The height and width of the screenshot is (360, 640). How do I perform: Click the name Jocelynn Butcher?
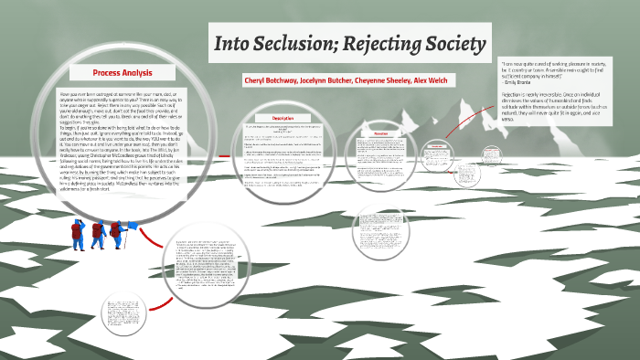coord(336,81)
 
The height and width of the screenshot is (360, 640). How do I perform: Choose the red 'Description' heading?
coord(283,119)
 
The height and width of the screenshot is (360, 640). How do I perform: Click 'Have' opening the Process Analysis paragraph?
coord(66,95)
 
